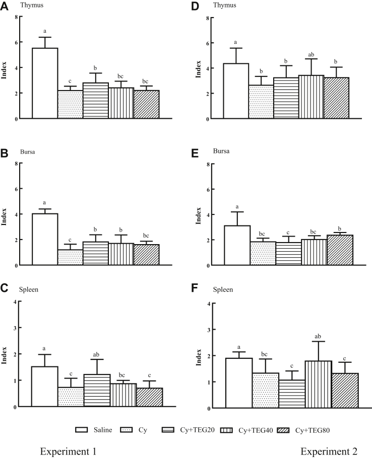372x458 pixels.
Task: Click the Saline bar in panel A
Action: pos(45,83)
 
